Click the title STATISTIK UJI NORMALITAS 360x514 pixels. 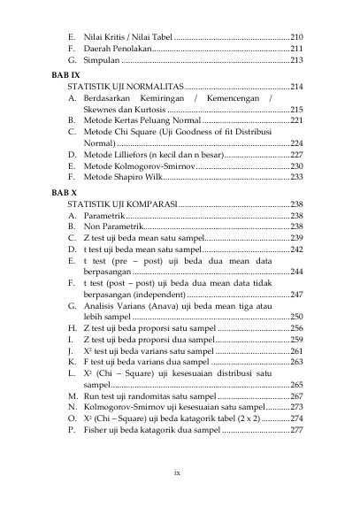pos(131,89)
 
